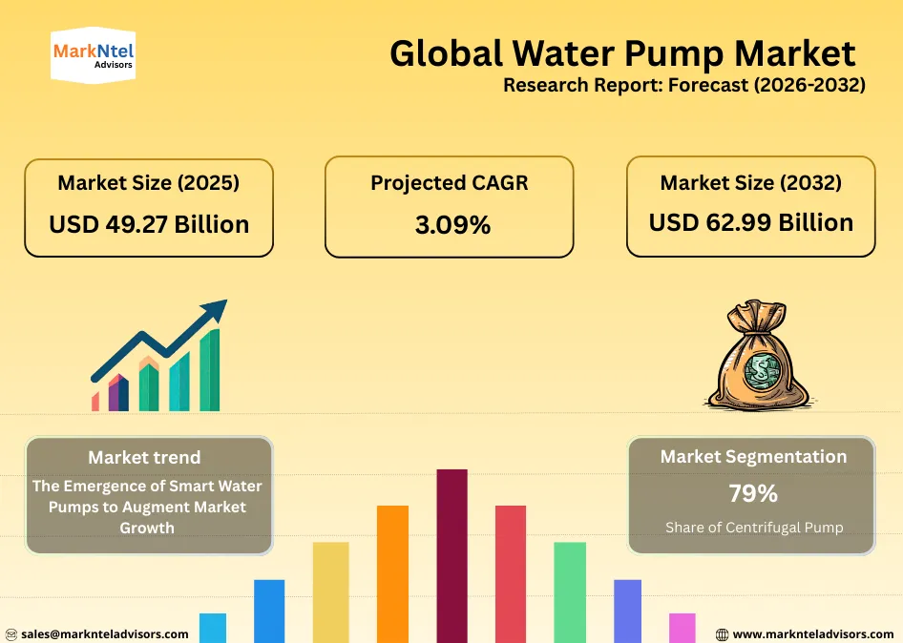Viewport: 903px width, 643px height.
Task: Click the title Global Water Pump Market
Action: pos(622,53)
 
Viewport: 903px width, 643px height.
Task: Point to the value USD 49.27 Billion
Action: pos(149,224)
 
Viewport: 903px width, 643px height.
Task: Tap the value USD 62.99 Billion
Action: pos(750,222)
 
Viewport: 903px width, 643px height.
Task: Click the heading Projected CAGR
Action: pos(449,182)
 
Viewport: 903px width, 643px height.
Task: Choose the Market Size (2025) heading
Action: pos(149,182)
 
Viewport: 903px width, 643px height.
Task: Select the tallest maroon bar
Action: pos(451,553)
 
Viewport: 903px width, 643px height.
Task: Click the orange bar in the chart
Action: pos(392,572)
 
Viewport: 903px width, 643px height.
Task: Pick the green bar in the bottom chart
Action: pos(570,591)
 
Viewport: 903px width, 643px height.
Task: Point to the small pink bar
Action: pos(682,627)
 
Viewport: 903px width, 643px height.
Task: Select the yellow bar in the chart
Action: pos(330,591)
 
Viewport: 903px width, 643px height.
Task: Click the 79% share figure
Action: pos(752,494)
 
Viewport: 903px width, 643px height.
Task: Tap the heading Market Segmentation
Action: pos(752,457)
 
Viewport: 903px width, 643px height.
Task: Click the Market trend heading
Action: pos(144,457)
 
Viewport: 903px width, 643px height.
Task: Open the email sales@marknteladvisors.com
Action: pos(104,633)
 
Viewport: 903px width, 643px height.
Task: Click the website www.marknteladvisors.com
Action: pos(812,633)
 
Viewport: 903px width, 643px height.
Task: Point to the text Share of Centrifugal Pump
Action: pos(753,528)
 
